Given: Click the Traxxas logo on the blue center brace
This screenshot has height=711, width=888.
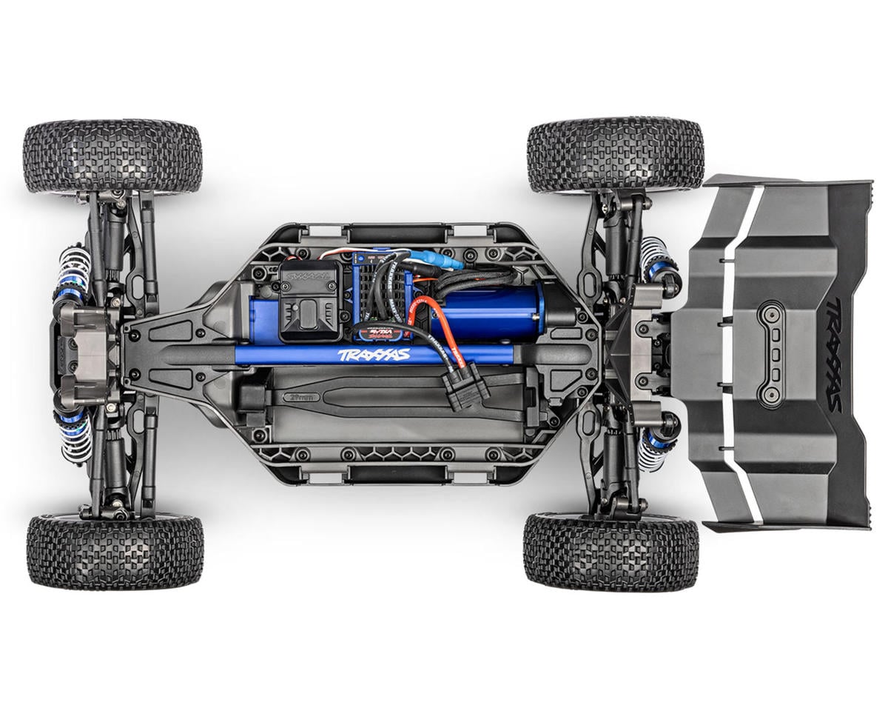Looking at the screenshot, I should [373, 355].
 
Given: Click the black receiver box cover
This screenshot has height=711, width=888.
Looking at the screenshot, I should [311, 300].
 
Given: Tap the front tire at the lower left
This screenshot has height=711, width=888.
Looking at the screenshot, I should [115, 552].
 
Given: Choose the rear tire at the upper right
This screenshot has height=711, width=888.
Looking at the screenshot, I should [615, 154].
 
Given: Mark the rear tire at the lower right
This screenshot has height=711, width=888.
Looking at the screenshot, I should [610, 552].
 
